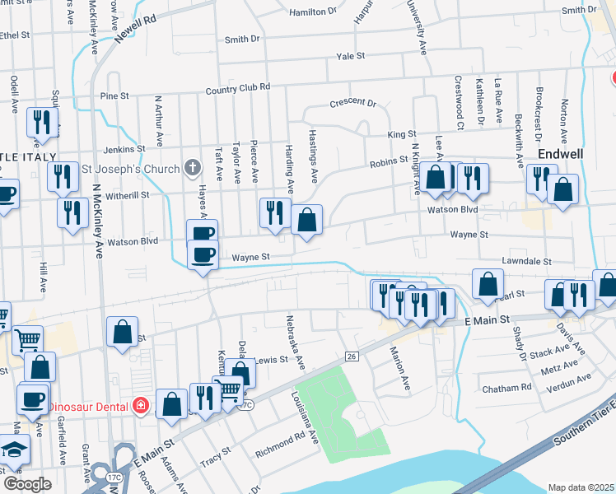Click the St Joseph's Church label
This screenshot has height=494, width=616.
coord(131,169)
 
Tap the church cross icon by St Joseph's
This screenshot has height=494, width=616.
coord(192,169)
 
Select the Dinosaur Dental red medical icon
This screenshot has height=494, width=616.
coord(141,407)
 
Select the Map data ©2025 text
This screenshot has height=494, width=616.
coord(581,487)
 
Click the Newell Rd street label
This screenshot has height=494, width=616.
coord(135,30)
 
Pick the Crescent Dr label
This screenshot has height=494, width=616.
coord(352,104)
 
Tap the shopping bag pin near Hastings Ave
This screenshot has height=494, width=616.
coord(306,221)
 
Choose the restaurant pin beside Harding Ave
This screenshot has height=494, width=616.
coord(275,213)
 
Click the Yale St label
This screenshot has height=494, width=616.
coord(350,56)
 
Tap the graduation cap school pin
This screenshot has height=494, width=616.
coord(14,450)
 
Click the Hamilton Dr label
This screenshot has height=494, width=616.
coord(314,12)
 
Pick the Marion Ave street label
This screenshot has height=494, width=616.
coord(400,367)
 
